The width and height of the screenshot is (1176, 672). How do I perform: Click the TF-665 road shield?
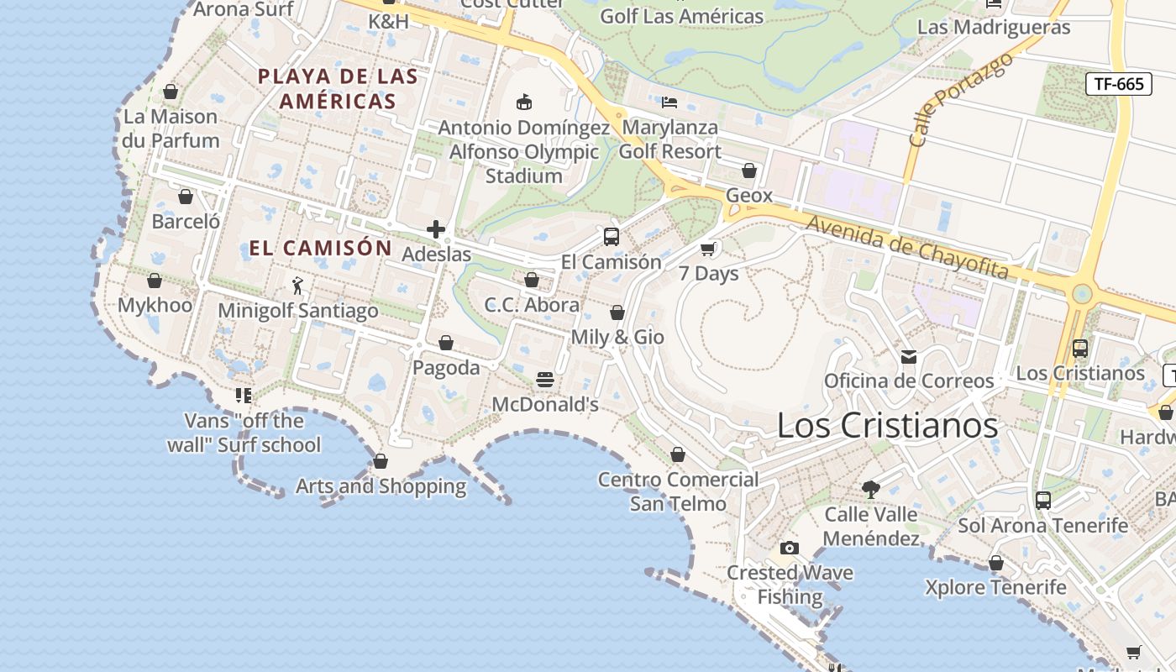1118,84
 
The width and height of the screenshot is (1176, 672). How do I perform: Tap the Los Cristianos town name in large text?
887,425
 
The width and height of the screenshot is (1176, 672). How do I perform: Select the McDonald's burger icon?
545,380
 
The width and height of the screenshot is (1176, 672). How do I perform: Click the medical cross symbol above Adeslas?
436,228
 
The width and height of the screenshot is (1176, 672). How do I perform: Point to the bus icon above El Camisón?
612,237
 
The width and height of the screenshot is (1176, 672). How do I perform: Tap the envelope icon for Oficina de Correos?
909,357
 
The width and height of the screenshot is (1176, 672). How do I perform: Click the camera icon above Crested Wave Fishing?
790,549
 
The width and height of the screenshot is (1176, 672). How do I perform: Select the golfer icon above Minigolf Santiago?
297,286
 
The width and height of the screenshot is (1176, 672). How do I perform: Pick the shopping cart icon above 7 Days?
708,249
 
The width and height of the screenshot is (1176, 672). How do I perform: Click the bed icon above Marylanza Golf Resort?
669,102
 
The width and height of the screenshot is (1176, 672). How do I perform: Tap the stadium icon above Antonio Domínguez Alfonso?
524,102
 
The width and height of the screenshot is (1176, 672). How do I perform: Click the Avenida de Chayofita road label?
907,247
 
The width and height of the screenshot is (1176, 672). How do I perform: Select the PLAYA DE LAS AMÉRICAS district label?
338,89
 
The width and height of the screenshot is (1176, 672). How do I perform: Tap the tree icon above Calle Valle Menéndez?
871,489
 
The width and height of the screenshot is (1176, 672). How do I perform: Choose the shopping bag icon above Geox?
749,171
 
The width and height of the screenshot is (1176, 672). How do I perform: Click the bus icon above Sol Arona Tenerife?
1043,501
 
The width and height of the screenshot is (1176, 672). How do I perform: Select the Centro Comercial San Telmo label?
678,491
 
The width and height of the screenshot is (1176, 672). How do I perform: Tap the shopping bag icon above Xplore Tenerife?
996,563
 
